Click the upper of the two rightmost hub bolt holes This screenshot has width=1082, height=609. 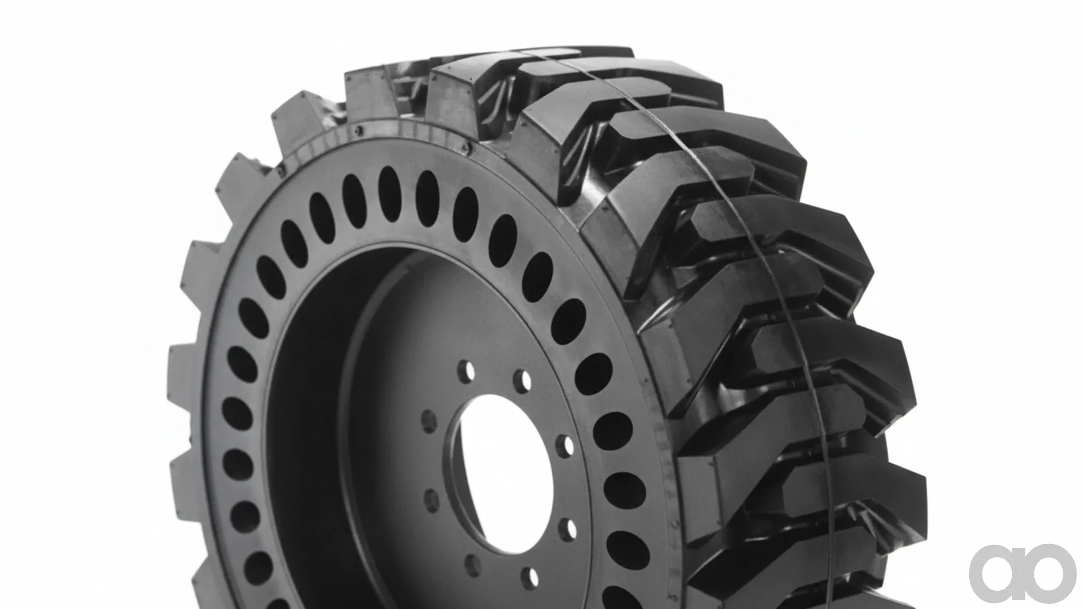(564, 445)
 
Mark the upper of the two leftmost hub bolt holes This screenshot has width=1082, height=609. (429, 421)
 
